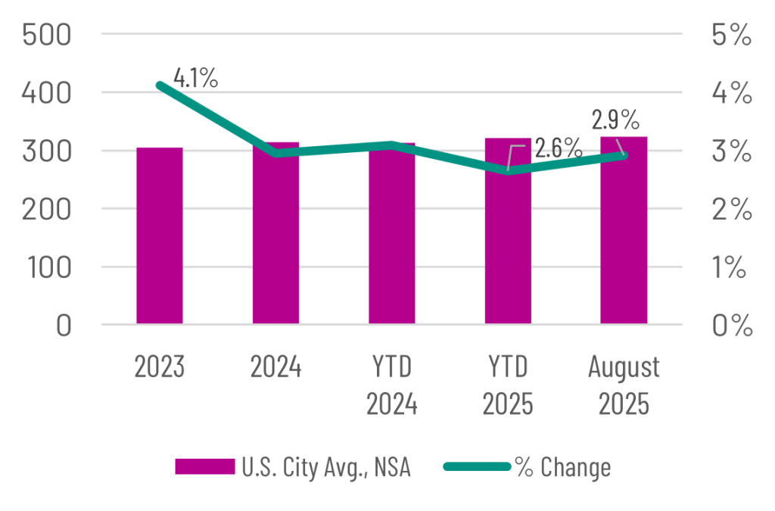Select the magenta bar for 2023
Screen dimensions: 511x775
point(160,235)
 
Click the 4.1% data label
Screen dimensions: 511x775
point(196,78)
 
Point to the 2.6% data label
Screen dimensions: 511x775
point(558,146)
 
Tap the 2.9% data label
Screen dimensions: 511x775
point(615,120)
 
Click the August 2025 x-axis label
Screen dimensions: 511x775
point(624,386)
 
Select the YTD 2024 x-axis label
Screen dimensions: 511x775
point(392,386)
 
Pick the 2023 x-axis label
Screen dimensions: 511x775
point(160,368)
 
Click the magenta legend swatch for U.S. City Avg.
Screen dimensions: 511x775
point(204,467)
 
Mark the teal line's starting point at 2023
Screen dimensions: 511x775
point(160,85)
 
